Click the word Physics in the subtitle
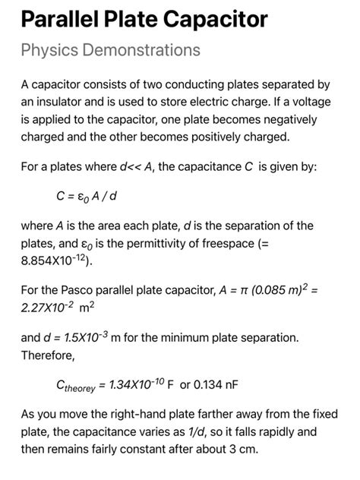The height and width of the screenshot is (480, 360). coord(46,51)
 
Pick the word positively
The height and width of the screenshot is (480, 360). coord(219,138)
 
